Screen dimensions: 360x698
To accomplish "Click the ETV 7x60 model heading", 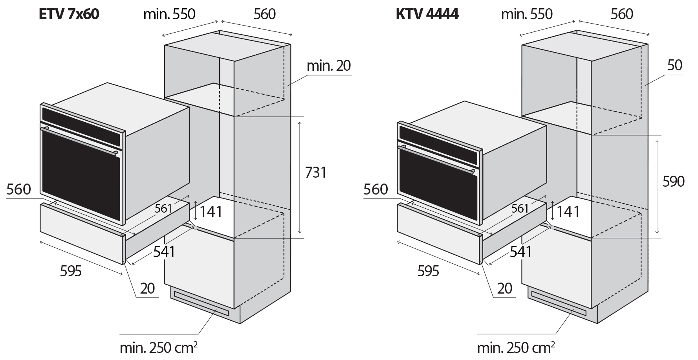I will [69, 14].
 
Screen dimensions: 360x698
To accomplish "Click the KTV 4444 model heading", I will [427, 14].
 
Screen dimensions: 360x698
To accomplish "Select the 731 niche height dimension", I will [316, 173].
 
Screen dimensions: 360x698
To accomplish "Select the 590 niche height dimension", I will [673, 182].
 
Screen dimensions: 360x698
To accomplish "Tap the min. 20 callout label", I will [328, 66].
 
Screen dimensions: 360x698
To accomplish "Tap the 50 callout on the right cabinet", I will [674, 65].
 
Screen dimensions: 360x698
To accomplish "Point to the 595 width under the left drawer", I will [71, 271].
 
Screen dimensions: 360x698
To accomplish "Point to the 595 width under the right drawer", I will [428, 271].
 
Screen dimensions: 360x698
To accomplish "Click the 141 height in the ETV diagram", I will [211, 212].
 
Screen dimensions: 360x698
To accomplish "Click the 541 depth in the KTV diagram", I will [520, 252].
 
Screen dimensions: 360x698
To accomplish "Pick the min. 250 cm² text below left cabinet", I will [158, 348].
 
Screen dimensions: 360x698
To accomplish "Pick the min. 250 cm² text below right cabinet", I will [516, 348].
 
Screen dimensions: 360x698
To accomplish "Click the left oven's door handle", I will [81, 140].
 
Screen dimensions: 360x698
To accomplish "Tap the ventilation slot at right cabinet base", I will [558, 303].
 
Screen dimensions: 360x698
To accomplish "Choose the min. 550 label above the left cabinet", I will [169, 14].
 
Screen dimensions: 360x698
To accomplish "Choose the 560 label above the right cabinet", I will [622, 14].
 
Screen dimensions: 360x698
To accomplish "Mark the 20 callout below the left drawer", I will [147, 288].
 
